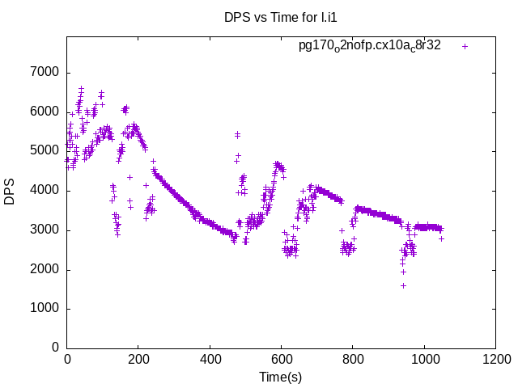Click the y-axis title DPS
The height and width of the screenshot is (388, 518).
point(11,191)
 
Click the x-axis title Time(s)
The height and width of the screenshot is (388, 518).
point(281,377)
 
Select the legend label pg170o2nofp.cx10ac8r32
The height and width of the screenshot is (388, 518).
point(370,46)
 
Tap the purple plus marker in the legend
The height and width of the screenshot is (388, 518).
point(465,46)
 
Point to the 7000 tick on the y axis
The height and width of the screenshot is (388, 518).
point(45,73)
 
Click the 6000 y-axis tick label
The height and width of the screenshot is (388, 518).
point(45,112)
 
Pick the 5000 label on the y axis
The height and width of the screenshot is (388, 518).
point(45,151)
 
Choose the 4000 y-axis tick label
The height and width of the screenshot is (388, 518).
point(45,191)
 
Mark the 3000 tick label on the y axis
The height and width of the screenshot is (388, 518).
point(45,230)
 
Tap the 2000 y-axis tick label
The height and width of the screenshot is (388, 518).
point(45,269)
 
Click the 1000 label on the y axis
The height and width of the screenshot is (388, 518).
point(45,309)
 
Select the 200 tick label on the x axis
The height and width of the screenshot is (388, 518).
point(138,359)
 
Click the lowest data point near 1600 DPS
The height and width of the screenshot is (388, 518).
point(403,285)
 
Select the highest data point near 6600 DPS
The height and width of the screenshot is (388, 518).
point(81,88)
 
